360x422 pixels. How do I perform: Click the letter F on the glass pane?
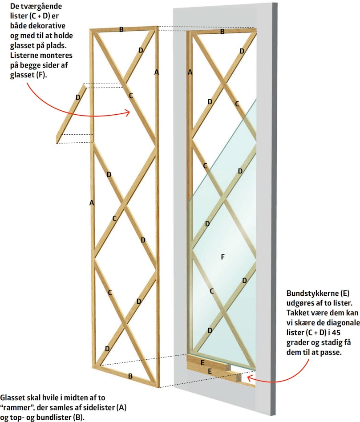tap(223, 257)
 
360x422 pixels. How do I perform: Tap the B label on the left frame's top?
tap(121, 30)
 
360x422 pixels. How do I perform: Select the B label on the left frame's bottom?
tap(130, 376)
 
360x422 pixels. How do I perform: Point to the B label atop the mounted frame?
tap(222, 32)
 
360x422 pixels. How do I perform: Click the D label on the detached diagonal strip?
tap(78, 97)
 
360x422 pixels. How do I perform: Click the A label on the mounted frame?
tap(190, 72)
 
